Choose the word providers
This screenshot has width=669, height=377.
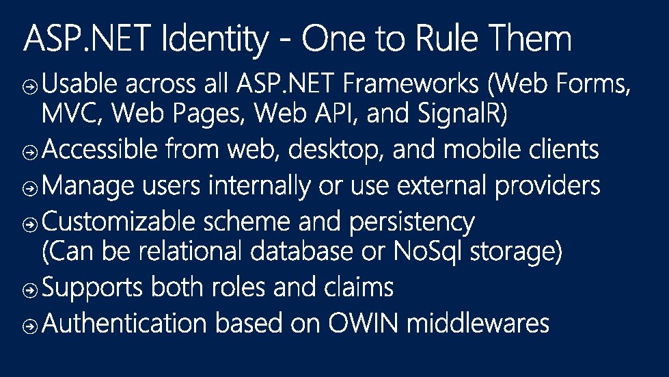548,185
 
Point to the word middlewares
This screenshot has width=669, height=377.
478,323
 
